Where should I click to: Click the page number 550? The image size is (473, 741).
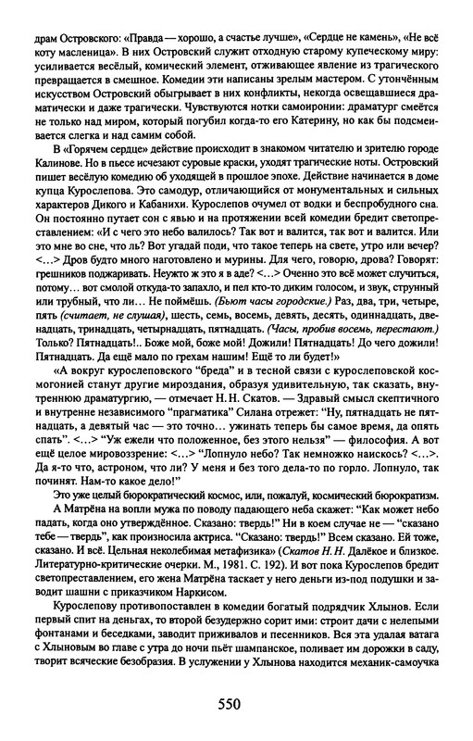[x=237, y=702]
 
